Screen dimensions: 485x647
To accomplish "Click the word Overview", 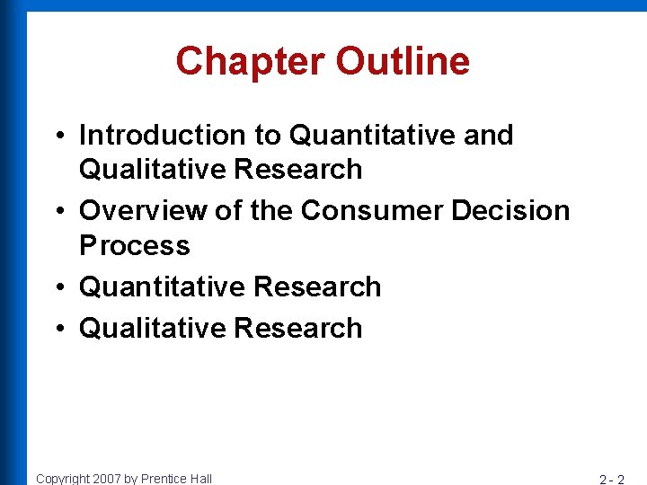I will point(138,210).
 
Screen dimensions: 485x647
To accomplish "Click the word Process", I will point(135,245).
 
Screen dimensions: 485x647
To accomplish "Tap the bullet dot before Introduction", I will point(57,137).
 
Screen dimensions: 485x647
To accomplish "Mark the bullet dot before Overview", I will point(57,212).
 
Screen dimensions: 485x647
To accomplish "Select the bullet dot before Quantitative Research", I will point(57,288).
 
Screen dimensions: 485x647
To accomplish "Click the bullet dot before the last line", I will point(57,330).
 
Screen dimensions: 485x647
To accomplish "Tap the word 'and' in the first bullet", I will point(488,135).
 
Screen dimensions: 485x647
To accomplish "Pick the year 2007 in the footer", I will point(108,479).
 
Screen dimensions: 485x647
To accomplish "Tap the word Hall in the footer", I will point(200,479).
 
